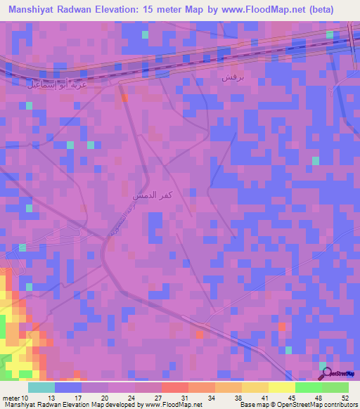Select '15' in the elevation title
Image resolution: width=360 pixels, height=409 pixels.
point(158,9)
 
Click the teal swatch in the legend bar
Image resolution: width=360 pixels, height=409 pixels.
point(41,387)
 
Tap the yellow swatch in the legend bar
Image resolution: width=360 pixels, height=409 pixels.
point(281,387)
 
